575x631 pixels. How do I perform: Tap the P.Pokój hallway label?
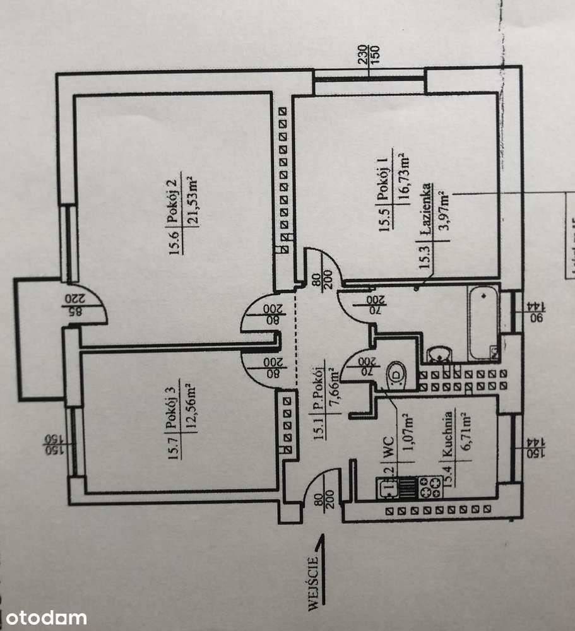(x=320, y=387)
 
